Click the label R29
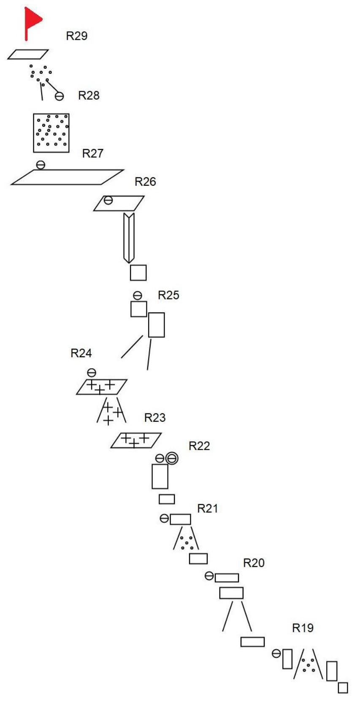(x=77, y=36)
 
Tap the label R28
(x=89, y=95)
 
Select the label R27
(x=92, y=153)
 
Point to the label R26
(x=145, y=182)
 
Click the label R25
(x=168, y=295)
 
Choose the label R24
(x=81, y=353)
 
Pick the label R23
(x=155, y=418)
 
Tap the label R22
(x=199, y=446)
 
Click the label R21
(x=208, y=508)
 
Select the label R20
(x=254, y=563)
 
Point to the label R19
(x=303, y=628)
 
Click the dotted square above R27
(x=51, y=133)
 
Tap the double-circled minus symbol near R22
(x=172, y=458)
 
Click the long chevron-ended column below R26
(x=129, y=238)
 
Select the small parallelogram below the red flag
(x=28, y=54)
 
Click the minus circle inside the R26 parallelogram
(x=108, y=200)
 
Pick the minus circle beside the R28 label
(x=60, y=97)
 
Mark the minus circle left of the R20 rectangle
(x=209, y=575)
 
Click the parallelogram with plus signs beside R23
(x=136, y=440)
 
